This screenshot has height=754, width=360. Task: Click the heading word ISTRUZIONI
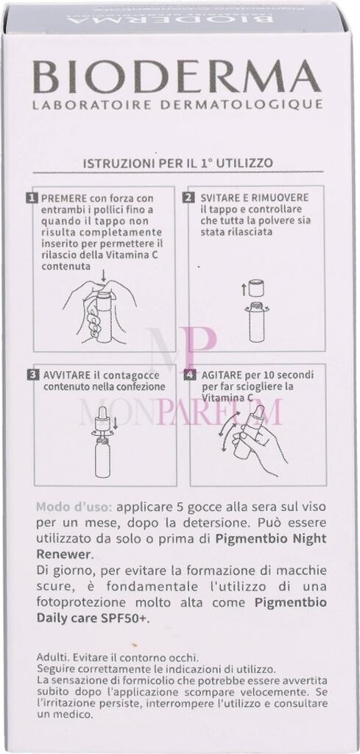(x=112, y=163)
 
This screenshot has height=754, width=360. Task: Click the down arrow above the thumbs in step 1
(x=105, y=275)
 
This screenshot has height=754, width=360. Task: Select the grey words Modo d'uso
(x=69, y=507)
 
